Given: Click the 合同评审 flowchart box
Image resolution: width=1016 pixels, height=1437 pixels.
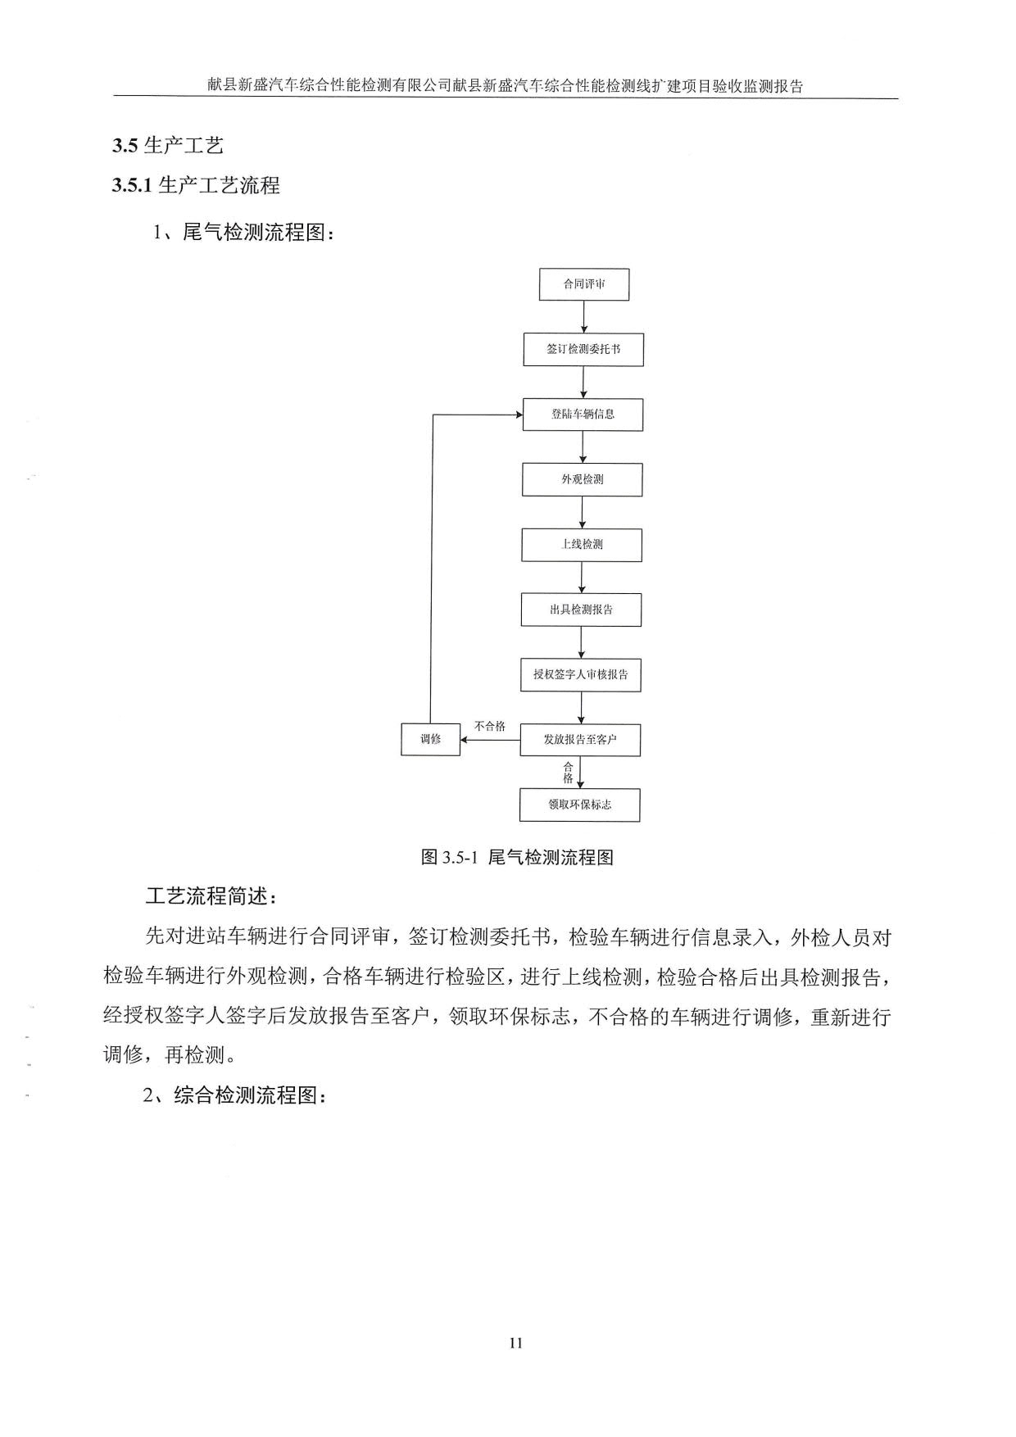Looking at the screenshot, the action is coord(584,284).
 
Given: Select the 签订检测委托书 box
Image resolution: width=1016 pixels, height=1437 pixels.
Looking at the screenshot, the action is coord(583,349).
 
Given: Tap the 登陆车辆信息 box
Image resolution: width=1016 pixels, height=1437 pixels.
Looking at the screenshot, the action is coord(583,415).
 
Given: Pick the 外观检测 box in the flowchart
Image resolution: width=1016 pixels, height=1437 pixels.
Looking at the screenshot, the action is coord(583,479).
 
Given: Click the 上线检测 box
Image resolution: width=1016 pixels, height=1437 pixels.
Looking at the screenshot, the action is coord(582,545).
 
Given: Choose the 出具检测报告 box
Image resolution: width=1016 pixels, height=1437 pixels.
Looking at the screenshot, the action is coord(581,610).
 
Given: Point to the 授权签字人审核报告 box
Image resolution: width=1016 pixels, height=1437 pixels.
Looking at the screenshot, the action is coord(581,675).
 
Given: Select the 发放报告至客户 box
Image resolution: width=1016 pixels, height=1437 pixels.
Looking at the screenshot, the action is coord(580,740).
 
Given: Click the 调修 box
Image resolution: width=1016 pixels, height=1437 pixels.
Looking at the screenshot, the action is coord(430,739).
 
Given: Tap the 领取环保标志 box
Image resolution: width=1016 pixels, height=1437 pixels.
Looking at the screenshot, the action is coord(580,805).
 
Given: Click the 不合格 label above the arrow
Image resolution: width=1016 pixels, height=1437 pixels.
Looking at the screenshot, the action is coord(490,727).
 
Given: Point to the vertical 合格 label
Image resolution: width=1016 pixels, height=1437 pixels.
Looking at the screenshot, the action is coord(568,773).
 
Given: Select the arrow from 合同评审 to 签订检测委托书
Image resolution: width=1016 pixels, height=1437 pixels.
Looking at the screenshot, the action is coord(584,317).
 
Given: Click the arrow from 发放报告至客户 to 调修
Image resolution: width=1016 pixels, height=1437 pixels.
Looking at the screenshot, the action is coord(490,741).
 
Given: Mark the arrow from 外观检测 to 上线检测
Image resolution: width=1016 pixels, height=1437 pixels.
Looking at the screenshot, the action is coord(583,512).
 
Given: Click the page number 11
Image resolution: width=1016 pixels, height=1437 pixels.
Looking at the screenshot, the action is coord(515,1343).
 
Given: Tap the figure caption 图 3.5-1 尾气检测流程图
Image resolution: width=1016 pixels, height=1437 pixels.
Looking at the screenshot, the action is coord(517,858).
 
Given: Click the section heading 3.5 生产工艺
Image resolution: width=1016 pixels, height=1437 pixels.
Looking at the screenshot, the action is coord(168,146).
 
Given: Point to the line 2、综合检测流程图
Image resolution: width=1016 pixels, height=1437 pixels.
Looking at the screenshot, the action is coord(235,1095).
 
